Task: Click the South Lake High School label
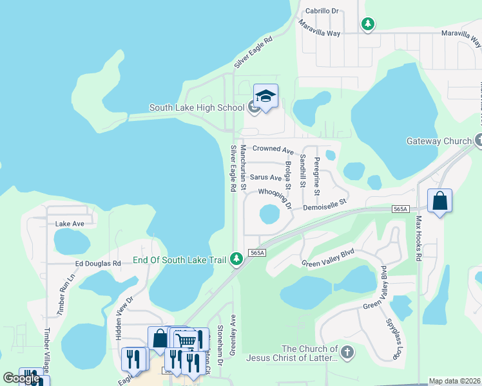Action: tap(197, 107)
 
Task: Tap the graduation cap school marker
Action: tap(265, 96)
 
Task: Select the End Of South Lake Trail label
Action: tap(179, 260)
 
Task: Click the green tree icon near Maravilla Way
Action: tap(368, 24)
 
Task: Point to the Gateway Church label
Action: tap(439, 141)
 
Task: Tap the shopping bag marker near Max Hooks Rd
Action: tap(439, 201)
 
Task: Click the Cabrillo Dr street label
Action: tap(317, 11)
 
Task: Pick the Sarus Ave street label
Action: tap(266, 177)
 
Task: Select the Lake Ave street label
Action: tap(70, 224)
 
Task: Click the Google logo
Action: tap(21, 378)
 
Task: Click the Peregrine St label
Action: tap(316, 176)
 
